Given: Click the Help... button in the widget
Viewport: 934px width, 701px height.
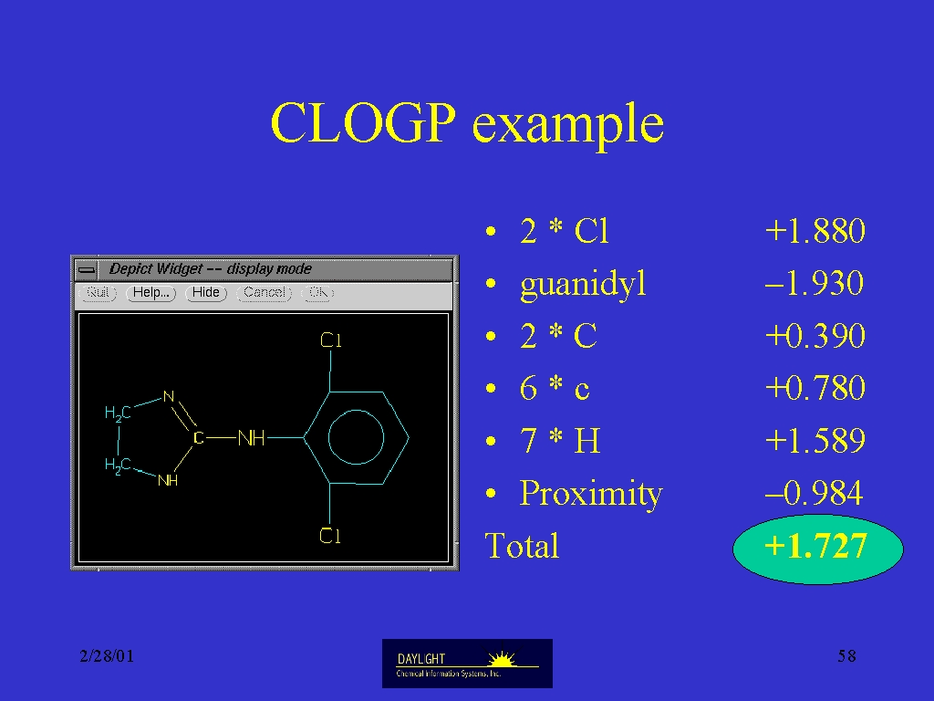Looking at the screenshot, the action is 150,293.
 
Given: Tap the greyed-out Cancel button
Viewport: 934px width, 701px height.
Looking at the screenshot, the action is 265,293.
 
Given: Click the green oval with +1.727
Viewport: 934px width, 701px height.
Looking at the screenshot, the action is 817,549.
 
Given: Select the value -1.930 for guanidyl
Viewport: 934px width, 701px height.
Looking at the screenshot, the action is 815,283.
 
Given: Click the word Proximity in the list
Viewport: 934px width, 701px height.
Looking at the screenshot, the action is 591,494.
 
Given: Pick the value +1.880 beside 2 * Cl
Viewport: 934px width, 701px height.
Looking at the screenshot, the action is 815,231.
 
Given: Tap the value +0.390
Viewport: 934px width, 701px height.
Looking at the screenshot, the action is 815,336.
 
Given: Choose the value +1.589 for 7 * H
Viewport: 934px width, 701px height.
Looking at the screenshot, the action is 815,441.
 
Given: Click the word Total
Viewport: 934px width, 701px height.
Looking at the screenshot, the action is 522,546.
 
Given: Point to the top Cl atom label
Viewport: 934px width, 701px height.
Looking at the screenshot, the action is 330,340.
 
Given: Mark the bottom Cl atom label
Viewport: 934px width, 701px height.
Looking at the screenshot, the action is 330,535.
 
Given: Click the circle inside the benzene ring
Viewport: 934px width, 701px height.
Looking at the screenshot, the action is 357,410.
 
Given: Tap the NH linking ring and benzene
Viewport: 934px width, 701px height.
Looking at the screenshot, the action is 252,438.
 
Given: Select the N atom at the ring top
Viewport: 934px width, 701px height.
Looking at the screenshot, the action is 169,396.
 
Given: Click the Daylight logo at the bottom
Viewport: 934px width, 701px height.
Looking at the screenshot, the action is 467,664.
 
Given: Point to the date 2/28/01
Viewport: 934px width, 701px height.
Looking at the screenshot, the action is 107,656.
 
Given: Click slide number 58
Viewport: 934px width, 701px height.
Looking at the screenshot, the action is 846,656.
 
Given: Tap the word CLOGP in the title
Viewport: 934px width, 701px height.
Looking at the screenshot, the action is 363,123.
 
